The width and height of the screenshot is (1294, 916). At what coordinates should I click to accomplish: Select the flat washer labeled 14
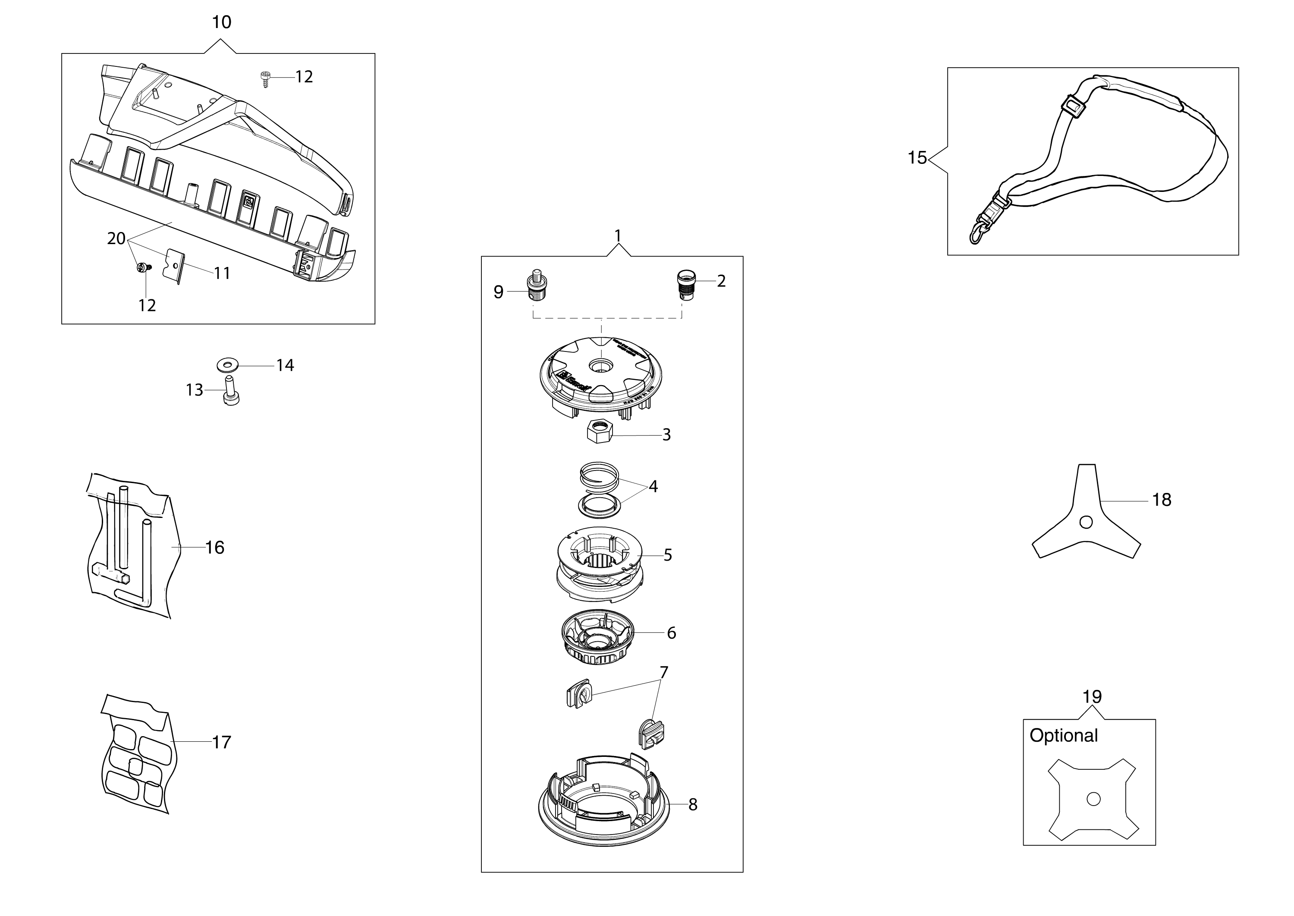point(227,366)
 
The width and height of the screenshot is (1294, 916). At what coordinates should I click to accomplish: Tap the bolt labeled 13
point(231,392)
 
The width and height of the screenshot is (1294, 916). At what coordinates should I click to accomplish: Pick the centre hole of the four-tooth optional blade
point(1093,799)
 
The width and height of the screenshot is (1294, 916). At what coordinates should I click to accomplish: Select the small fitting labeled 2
point(685,285)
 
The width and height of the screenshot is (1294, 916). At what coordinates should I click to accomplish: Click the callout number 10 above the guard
point(221,22)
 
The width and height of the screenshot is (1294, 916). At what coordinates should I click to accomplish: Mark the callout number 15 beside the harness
point(917,158)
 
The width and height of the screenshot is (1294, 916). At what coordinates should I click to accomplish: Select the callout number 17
point(221,742)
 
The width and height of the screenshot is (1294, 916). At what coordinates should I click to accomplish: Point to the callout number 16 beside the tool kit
point(214,548)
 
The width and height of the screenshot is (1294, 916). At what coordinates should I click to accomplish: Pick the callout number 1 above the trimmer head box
point(618,235)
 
